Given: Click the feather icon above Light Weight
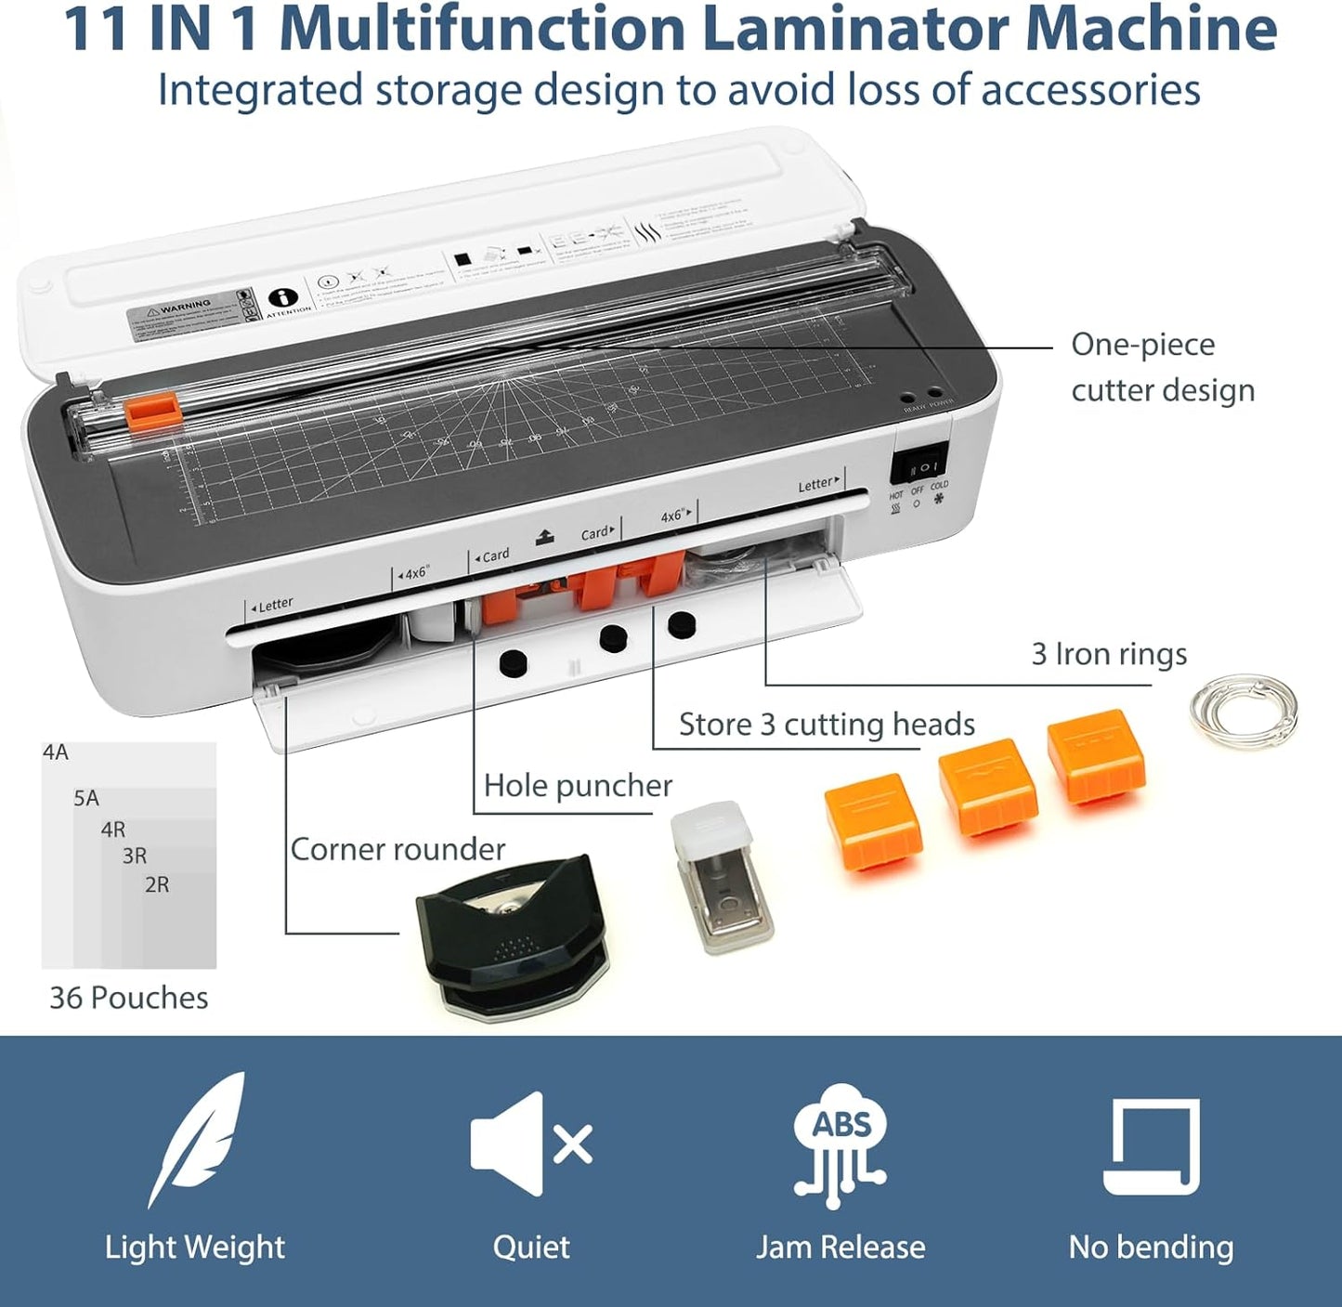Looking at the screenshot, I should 197,1139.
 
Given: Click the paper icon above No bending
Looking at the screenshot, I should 1151,1145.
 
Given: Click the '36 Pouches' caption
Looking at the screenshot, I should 128,998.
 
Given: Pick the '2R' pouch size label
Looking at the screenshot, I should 157,884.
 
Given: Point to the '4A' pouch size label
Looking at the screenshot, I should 56,752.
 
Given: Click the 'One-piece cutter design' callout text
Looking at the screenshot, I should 1162,367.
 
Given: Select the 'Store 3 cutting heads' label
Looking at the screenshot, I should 827,725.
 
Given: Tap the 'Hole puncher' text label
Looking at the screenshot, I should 578,786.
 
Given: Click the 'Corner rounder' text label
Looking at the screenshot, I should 397,849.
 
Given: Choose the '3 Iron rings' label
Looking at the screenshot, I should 1109,654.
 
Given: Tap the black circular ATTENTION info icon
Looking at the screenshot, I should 283,298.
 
